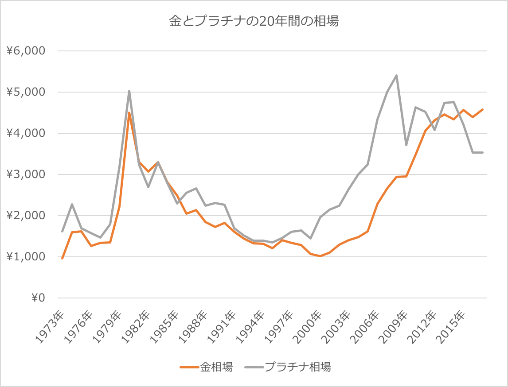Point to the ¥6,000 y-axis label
pyautogui.click(x=26, y=51)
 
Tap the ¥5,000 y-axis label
pyautogui.click(x=26, y=92)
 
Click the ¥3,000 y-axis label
pyautogui.click(x=26, y=174)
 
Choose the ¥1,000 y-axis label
pyautogui.click(x=26, y=257)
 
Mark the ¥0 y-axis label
pyautogui.click(x=38, y=298)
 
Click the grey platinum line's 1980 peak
pyautogui.click(x=129, y=91)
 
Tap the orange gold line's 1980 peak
pyautogui.click(x=129, y=113)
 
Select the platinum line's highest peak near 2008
pyautogui.click(x=396, y=75)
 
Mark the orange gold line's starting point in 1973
pyautogui.click(x=62, y=258)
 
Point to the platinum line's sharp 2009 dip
pyautogui.click(x=406, y=145)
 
